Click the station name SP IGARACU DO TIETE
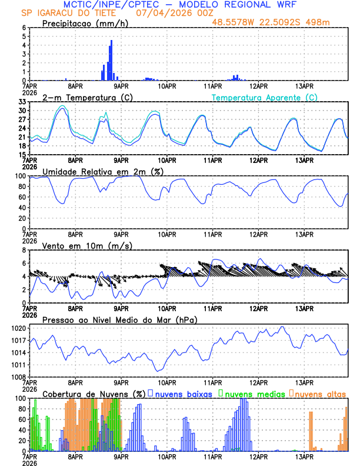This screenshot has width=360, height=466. click(69, 12)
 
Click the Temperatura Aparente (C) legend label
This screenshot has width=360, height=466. click(265, 97)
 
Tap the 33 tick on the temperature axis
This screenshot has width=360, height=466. click(22, 102)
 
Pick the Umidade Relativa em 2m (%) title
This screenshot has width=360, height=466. click(102, 171)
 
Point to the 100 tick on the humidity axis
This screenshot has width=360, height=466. click(20, 176)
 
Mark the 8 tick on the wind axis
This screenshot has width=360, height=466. click(24, 250)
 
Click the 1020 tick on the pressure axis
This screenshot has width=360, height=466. click(18, 328)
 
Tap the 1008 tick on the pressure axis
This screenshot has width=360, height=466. click(18, 377)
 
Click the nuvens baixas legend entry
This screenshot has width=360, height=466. click(183, 394)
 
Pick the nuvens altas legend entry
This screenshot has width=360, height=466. click(321, 394)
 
